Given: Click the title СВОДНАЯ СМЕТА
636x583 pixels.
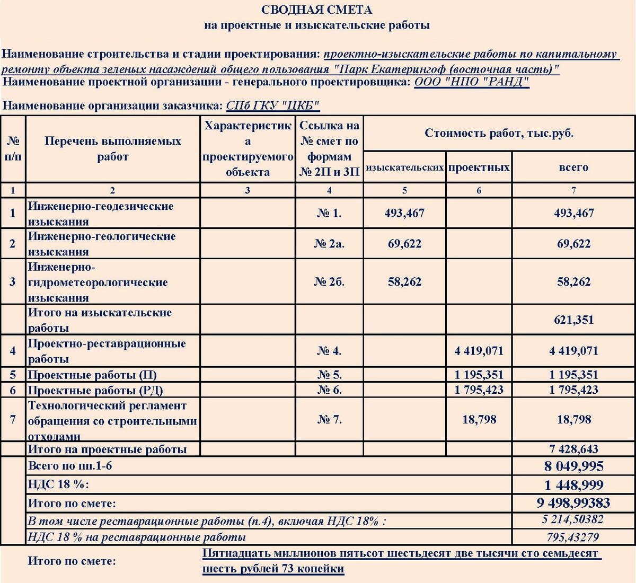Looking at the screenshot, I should [316, 10].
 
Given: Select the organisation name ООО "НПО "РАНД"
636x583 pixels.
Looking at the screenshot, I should [471, 82].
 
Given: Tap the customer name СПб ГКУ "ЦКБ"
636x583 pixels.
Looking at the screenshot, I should [272, 105].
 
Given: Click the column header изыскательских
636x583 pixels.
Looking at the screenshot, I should [404, 167].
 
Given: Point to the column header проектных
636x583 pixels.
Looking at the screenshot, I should [479, 167].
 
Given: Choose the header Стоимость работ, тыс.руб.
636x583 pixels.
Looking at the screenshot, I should [499, 133].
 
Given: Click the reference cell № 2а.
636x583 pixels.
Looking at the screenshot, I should [329, 244].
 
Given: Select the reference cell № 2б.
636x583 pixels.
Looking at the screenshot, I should [329, 281].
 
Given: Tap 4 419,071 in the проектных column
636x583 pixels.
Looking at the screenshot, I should [479, 351].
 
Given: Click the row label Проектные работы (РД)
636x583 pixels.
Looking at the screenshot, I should [95, 391].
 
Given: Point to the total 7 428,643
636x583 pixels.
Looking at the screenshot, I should [573, 449].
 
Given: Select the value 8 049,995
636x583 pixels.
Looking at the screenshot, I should [573, 466].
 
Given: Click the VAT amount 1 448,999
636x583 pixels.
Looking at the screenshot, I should [573, 485].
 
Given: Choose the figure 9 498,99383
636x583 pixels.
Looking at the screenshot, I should [573, 502].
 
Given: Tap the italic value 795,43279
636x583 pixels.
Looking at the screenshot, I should [573, 537].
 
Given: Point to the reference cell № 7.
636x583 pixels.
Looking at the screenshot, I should [329, 420].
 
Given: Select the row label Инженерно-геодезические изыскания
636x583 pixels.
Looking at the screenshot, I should [101, 214].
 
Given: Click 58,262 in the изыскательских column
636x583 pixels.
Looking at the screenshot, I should [404, 281].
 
